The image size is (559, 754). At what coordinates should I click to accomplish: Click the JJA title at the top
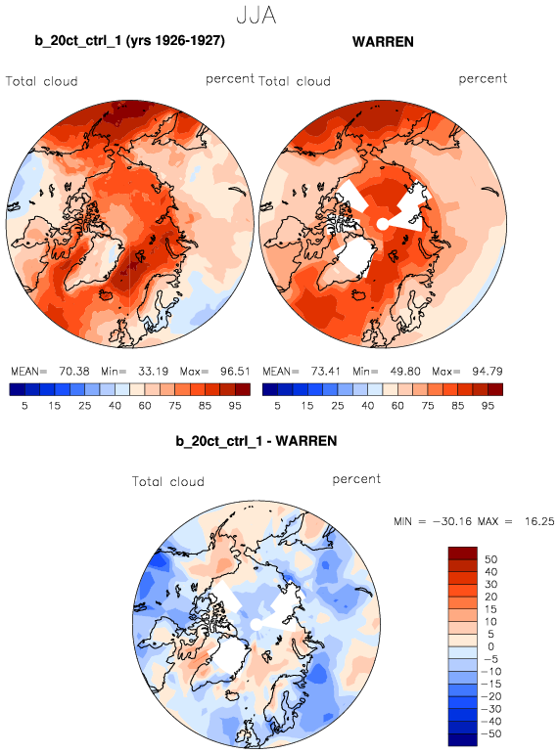coord(256,15)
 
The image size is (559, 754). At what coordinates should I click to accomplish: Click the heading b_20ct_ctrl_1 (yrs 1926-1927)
coord(129,40)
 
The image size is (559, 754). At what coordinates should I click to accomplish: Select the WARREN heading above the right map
coord(383,42)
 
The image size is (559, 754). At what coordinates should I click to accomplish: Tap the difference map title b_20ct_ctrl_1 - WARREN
coord(256,441)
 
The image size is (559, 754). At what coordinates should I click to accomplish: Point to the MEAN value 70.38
coord(74,372)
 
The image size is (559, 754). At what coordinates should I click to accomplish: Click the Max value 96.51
coord(235,372)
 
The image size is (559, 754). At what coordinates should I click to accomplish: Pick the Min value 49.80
coord(405,372)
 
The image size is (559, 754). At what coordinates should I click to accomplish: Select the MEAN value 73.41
coord(325,372)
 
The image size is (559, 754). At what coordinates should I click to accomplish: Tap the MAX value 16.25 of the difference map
coord(539,521)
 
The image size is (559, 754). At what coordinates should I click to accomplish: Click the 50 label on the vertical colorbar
coord(490,559)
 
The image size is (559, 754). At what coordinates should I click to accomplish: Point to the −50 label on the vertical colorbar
coord(490,733)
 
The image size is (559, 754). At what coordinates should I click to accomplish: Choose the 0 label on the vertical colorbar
coord(490,646)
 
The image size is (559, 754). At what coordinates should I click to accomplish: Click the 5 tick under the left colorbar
coord(24,406)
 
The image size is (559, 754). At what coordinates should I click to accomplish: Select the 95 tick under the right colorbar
coord(488,406)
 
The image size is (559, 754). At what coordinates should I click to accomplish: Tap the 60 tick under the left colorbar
coord(145,406)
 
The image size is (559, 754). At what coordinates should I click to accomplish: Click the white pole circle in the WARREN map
coord(382,224)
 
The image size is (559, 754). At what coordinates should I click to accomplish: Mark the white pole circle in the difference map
coord(256,625)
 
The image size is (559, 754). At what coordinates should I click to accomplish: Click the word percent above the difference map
coord(356,479)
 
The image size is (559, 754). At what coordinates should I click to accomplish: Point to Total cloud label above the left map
coord(42,81)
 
